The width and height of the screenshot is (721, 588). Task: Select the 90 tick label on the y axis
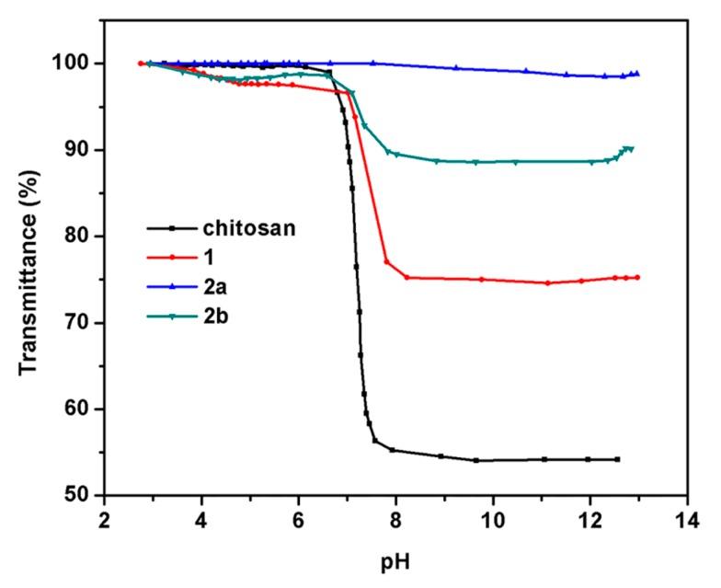click(80, 150)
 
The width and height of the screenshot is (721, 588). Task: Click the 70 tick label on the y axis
click(80, 323)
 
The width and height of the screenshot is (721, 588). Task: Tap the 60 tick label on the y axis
click(80, 409)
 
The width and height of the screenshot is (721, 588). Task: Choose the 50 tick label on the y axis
click(80, 496)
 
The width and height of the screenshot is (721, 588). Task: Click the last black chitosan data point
click(617, 459)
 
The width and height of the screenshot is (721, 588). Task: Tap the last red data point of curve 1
click(636, 277)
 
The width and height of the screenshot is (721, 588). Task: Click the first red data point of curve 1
click(141, 63)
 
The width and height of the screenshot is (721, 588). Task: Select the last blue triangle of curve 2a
click(636, 74)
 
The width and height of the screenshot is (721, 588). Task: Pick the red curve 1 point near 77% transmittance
click(386, 262)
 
